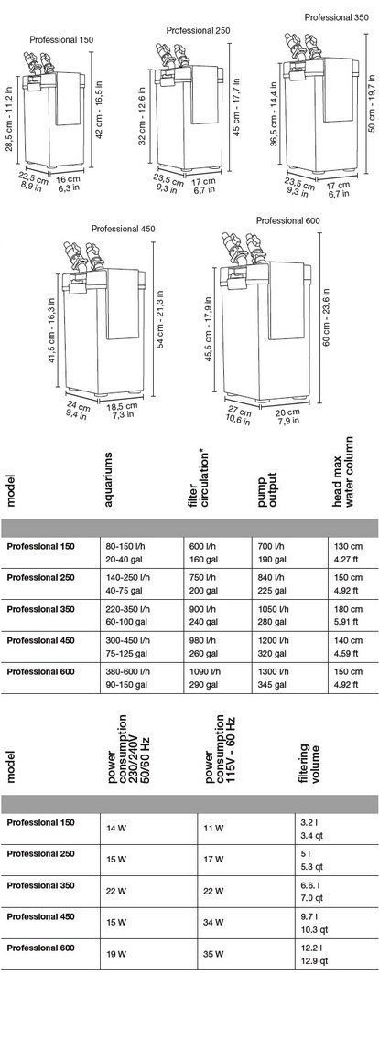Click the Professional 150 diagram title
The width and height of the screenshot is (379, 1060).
(61, 39)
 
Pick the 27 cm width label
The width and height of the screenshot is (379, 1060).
(242, 412)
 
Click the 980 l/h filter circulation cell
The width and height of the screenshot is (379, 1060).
(200, 639)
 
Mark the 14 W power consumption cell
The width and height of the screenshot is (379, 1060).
(117, 829)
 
